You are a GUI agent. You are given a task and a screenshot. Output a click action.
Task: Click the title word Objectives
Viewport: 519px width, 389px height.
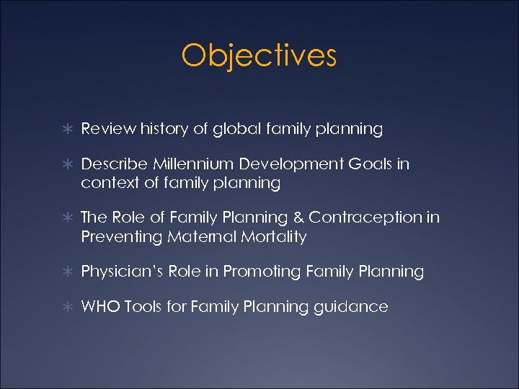pyautogui.click(x=259, y=56)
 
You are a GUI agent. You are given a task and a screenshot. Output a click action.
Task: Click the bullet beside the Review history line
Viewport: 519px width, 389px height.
pyautogui.click(x=67, y=130)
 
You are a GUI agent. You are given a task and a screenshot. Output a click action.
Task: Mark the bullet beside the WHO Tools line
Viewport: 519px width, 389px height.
pyautogui.click(x=67, y=308)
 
